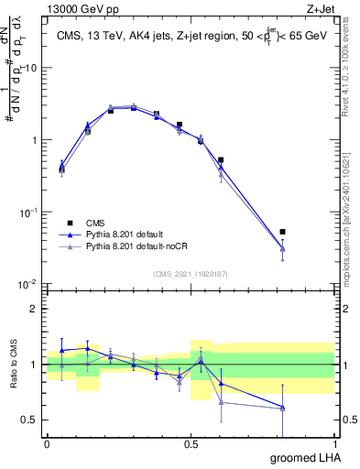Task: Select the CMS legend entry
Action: click(x=96, y=223)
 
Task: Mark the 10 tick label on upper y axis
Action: click(x=31, y=69)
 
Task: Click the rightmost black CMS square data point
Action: click(x=282, y=232)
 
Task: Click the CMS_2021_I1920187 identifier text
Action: click(x=190, y=274)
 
